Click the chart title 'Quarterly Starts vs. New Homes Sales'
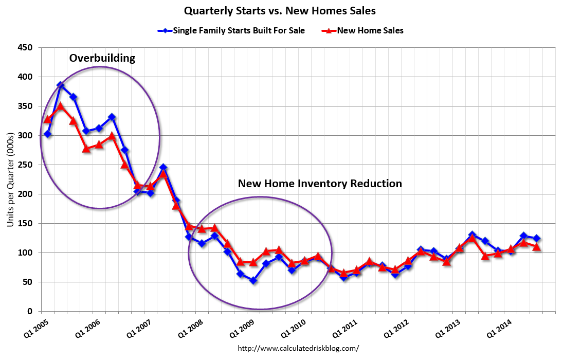coord(281,10)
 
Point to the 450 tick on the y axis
coord(26,48)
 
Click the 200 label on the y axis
coord(26,194)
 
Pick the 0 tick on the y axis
coord(30,312)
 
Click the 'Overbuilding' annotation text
coord(102,58)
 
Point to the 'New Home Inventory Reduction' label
coord(320,184)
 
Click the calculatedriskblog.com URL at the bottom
coord(298,348)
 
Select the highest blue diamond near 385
coord(60,85)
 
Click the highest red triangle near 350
coord(60,106)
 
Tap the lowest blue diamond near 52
coord(253,281)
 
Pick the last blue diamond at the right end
coord(536,238)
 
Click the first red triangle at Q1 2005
coord(47,119)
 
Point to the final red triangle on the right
coord(536,247)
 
